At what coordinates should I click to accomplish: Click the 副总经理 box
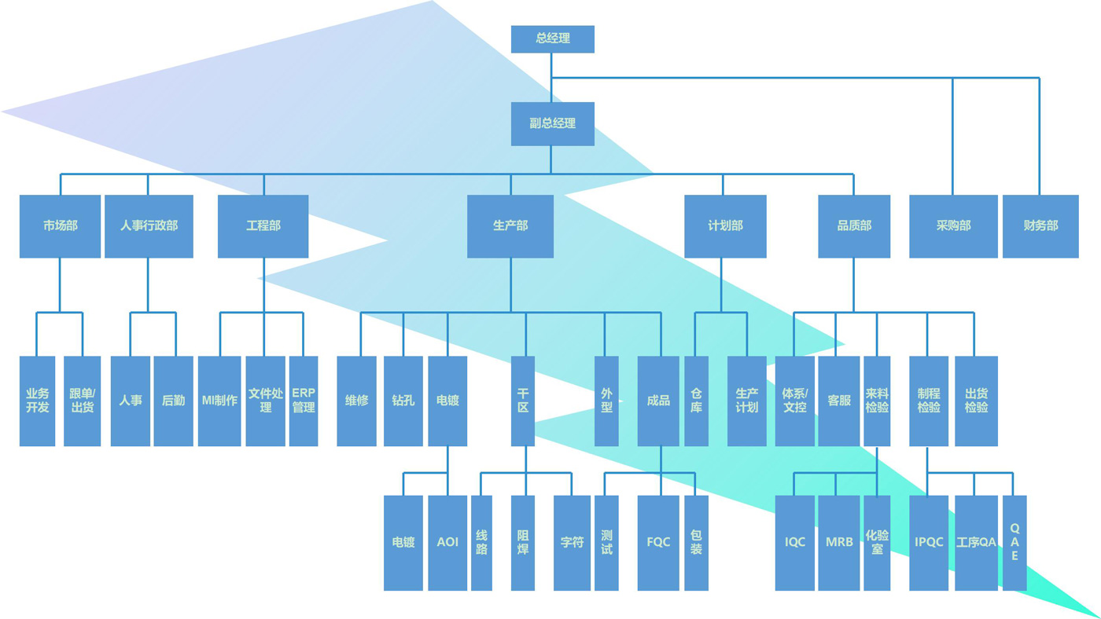coord(552,123)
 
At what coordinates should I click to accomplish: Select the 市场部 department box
coord(60,226)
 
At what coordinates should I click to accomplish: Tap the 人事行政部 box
coord(149,226)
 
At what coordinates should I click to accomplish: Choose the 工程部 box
coord(263,226)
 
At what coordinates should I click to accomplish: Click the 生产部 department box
coord(510,226)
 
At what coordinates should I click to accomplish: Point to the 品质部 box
coord(854,226)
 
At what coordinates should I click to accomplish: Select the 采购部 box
coord(953,226)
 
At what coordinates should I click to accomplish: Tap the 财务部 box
coord(1040,226)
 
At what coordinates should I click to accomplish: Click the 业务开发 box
coord(38,401)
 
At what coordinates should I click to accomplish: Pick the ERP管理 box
coord(304,401)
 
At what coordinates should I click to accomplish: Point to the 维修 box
coord(356,401)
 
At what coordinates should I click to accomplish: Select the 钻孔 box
coord(403,401)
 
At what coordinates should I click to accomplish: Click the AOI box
coord(447,543)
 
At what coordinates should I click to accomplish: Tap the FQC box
coord(658,543)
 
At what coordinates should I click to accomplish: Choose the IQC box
coord(795,543)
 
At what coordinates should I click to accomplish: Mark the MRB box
coord(839,543)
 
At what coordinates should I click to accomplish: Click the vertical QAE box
coord(1014,543)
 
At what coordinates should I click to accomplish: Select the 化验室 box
coord(877,543)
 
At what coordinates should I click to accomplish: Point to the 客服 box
coord(839,401)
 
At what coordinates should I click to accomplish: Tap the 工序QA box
coord(976,543)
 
